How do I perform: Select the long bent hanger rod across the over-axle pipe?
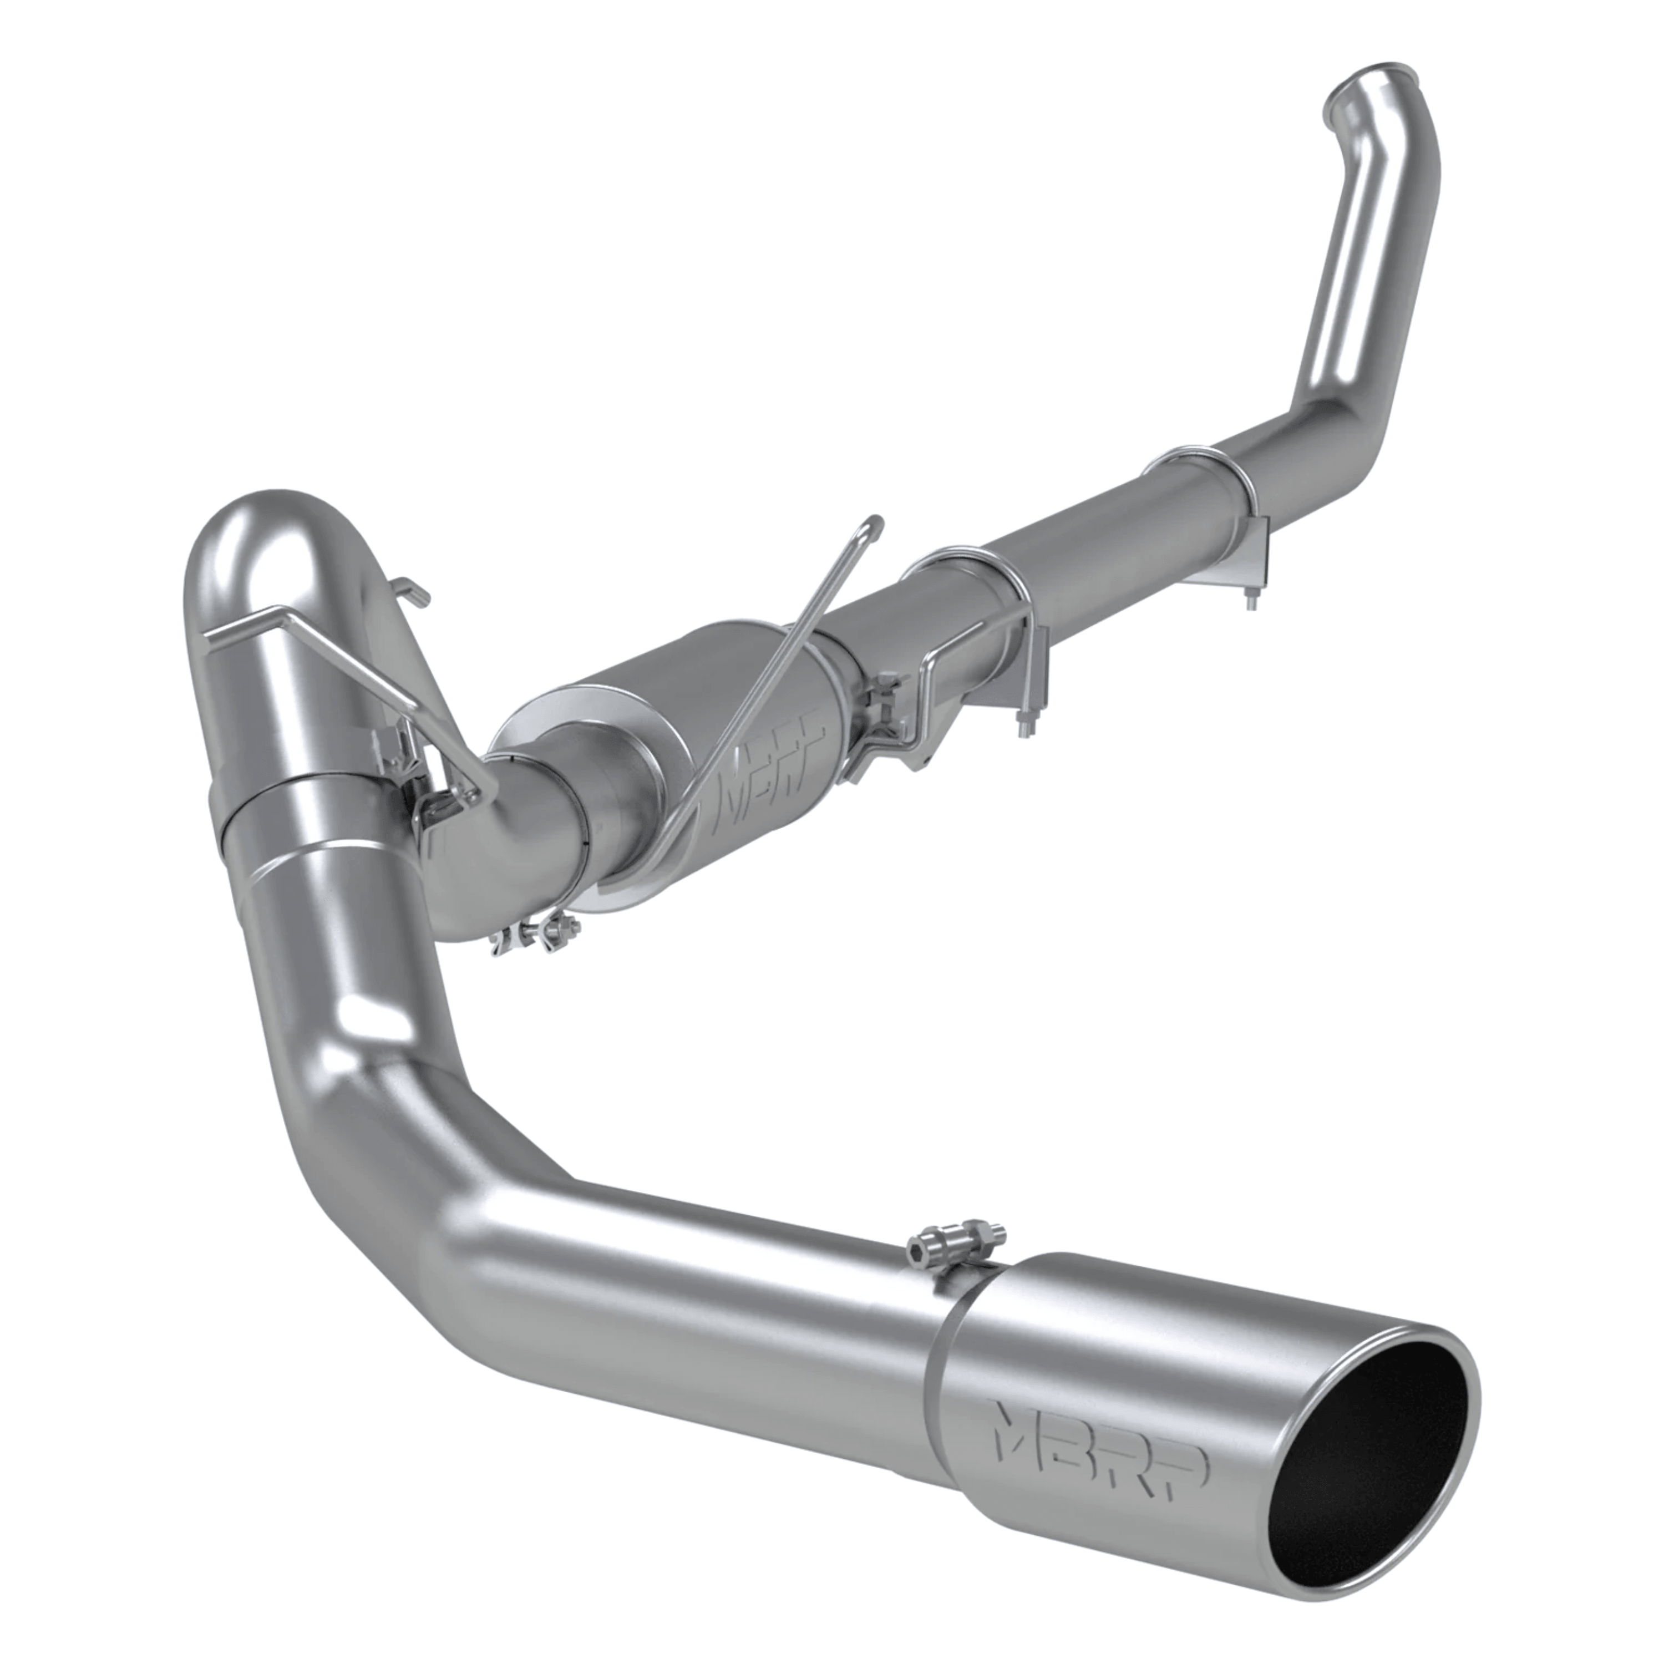point(344,646)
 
